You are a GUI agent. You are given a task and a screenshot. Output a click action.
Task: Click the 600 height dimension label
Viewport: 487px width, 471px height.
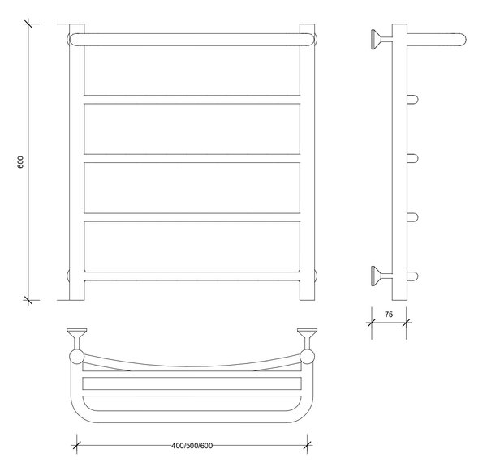pos(20,162)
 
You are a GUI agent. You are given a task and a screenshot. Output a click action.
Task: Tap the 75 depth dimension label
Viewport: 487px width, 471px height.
pos(389,315)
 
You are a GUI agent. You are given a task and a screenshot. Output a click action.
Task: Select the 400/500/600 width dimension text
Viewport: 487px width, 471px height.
pos(192,446)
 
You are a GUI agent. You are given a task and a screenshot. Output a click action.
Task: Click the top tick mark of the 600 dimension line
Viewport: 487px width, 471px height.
pos(28,24)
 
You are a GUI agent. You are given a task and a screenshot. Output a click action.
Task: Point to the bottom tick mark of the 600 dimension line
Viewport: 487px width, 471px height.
pos(28,300)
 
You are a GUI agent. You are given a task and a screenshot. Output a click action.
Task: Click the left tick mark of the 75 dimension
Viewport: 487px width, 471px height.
pos(372,323)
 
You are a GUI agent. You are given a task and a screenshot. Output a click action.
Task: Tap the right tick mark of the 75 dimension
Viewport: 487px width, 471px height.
pos(407,323)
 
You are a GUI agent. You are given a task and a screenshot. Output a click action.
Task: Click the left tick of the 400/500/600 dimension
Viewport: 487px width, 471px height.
pos(77,446)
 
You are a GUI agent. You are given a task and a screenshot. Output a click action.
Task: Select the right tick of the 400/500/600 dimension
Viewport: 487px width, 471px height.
pos(307,446)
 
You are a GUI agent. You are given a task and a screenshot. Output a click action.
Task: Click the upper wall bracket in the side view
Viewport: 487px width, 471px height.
pos(381,40)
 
